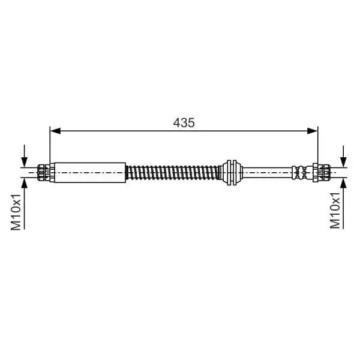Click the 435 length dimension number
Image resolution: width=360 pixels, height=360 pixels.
pyautogui.click(x=184, y=123)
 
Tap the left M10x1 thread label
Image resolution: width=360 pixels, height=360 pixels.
pyautogui.click(x=16, y=212)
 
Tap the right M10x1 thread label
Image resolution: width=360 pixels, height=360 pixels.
pyautogui.click(x=335, y=211)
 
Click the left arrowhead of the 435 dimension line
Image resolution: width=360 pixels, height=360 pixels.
pyautogui.click(x=56, y=131)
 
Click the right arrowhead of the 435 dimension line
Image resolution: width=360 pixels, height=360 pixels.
pyautogui.click(x=312, y=131)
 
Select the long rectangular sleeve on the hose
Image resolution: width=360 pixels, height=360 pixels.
pyautogui.click(x=90, y=173)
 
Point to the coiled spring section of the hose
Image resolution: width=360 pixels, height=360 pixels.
pyautogui.click(x=173, y=172)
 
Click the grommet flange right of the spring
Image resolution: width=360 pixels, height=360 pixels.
pyautogui.click(x=232, y=172)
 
